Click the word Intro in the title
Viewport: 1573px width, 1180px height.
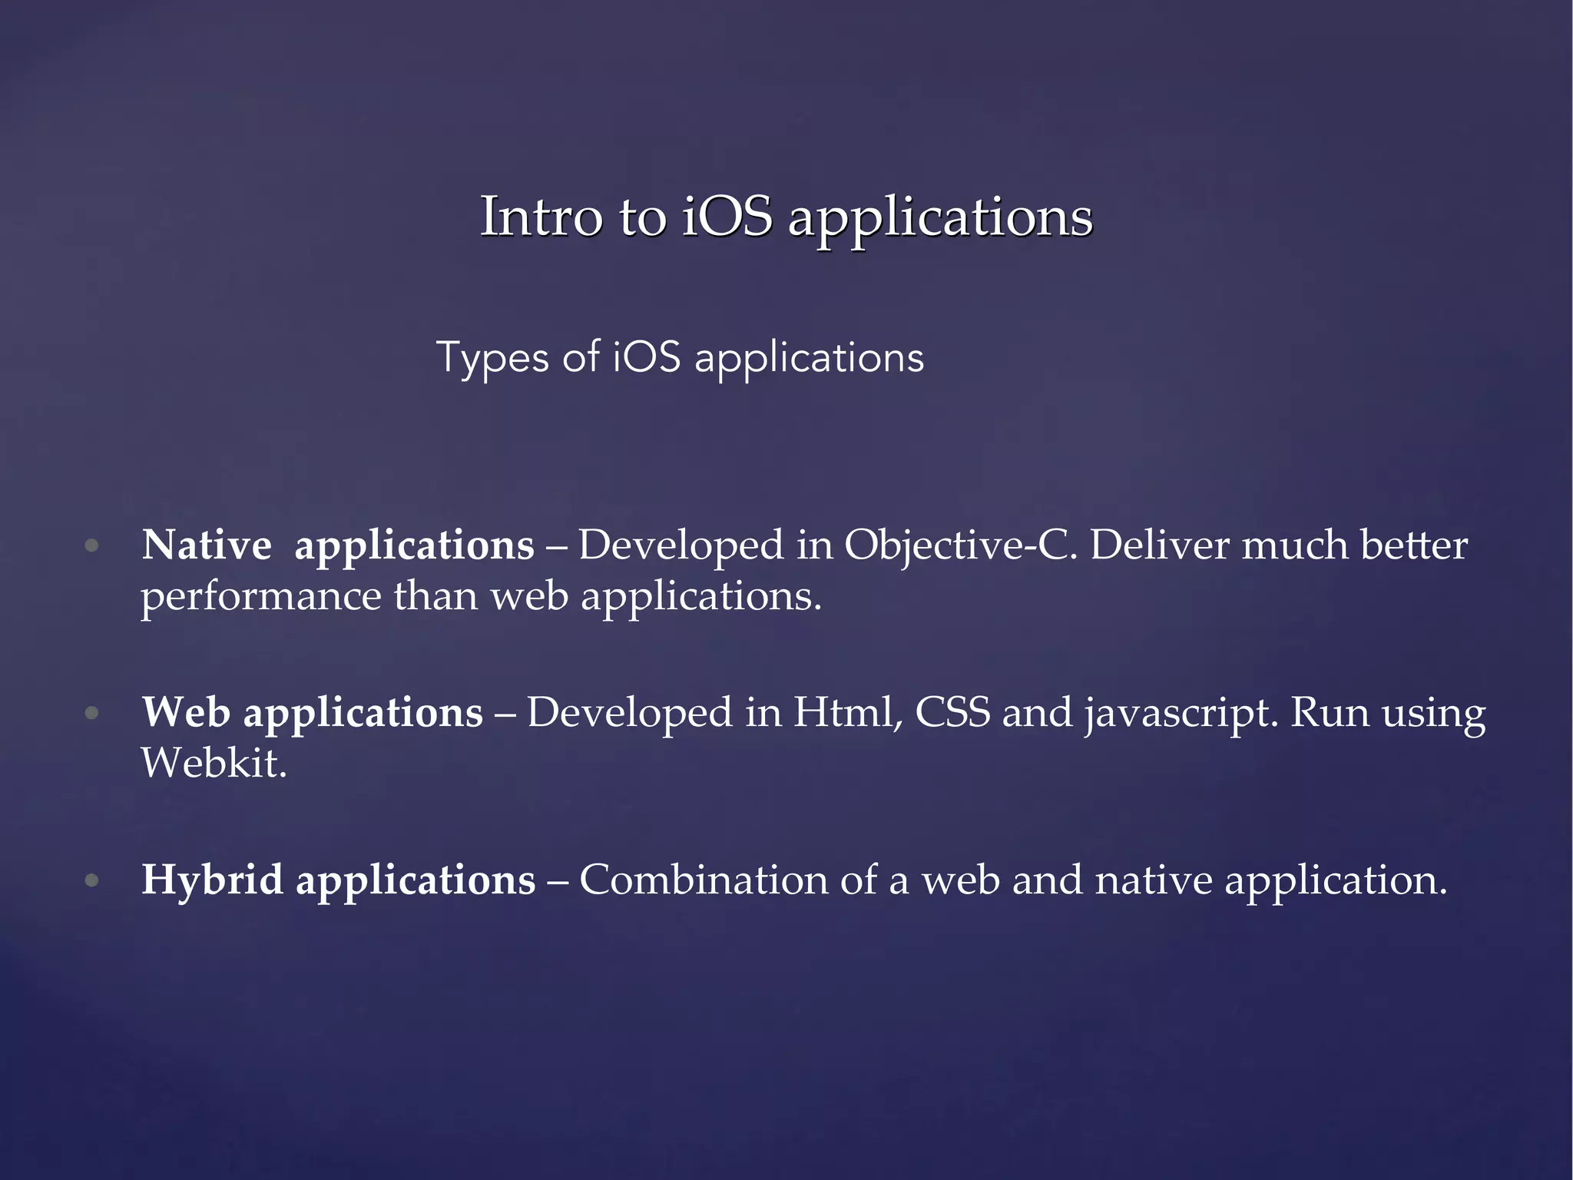541,217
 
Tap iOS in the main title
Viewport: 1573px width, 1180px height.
727,217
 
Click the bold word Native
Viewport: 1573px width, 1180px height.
207,545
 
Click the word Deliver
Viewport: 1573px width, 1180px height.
1159,545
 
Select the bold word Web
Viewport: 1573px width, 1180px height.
186,712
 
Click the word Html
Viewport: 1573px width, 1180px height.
848,713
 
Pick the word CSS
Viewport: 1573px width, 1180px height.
952,712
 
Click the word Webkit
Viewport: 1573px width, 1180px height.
214,764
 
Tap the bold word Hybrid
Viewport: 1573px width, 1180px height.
212,880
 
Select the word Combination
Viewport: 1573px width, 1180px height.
703,880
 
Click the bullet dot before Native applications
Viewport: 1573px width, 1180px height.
92,546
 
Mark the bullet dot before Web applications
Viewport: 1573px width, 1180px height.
92,713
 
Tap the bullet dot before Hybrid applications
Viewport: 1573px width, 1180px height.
92,880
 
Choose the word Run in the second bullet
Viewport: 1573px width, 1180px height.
1330,712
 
